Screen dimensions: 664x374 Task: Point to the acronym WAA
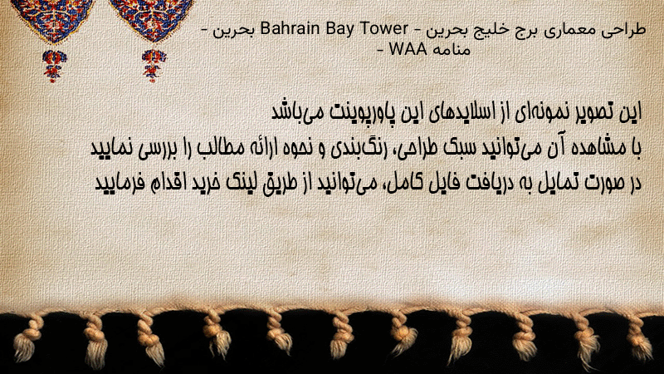click(x=408, y=49)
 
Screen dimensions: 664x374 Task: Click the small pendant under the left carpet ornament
click(x=53, y=66)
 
